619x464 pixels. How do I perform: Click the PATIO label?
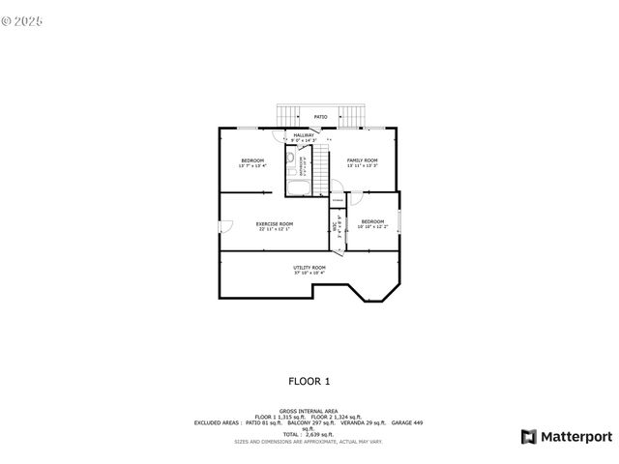[x=320, y=117]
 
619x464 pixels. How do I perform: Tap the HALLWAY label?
[x=304, y=135]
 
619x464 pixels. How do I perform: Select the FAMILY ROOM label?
[x=363, y=160]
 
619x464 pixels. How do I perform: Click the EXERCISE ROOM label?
[x=276, y=223]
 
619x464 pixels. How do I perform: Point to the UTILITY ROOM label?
[x=309, y=267]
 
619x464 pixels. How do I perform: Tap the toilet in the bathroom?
[x=289, y=158]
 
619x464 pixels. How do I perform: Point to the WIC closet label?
[x=335, y=228]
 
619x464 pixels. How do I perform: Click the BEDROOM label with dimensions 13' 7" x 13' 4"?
[x=252, y=160]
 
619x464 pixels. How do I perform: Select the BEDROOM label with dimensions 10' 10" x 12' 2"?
[x=372, y=221]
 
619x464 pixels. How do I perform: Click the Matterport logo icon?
[x=528, y=436]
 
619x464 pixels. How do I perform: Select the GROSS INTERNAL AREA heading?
[x=309, y=411]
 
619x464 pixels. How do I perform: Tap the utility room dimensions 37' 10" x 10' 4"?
[x=309, y=274]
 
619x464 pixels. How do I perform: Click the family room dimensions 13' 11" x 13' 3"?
[x=363, y=166]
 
